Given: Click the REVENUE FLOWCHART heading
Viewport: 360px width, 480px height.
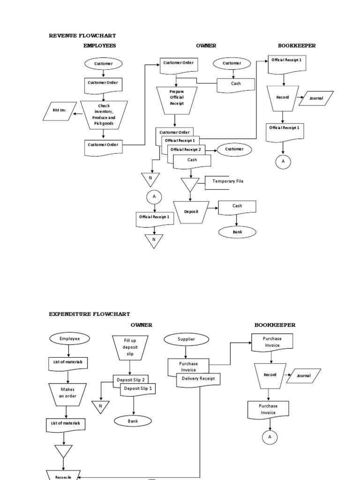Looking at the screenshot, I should click(x=82, y=36).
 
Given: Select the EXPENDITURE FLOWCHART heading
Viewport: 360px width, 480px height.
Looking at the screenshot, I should click(x=90, y=314).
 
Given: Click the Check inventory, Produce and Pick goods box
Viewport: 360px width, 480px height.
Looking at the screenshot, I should click(x=103, y=114).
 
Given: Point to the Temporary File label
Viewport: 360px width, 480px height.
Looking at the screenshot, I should click(x=228, y=181).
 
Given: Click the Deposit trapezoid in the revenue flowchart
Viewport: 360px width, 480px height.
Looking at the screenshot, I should click(x=191, y=211).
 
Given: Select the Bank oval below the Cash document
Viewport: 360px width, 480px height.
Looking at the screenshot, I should click(x=237, y=232).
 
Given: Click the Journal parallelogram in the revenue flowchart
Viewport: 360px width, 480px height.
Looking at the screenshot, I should click(x=316, y=98).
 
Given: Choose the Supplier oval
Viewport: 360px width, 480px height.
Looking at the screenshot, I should click(x=186, y=339).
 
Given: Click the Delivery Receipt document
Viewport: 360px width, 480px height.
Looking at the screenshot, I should click(x=198, y=378).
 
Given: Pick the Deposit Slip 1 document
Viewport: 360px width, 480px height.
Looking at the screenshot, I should click(x=138, y=389).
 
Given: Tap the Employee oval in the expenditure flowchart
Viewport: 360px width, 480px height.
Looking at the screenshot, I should click(x=69, y=338).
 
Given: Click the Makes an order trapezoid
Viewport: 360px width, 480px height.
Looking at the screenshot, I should click(x=67, y=393).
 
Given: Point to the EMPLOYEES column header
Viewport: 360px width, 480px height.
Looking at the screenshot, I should click(x=99, y=45).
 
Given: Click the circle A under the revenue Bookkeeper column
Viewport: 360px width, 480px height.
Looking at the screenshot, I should click(x=283, y=162).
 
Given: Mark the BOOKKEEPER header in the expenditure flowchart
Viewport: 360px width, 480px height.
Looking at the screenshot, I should click(x=275, y=325).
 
